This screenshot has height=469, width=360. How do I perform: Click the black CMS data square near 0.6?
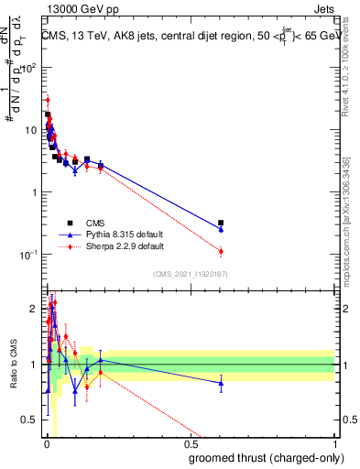[221, 223]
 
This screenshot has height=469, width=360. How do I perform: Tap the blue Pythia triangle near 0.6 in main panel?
[221, 229]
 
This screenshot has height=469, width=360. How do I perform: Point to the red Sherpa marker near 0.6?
[221, 251]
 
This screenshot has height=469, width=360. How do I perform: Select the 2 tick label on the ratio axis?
[35, 309]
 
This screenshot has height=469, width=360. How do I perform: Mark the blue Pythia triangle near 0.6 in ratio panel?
[221, 384]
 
